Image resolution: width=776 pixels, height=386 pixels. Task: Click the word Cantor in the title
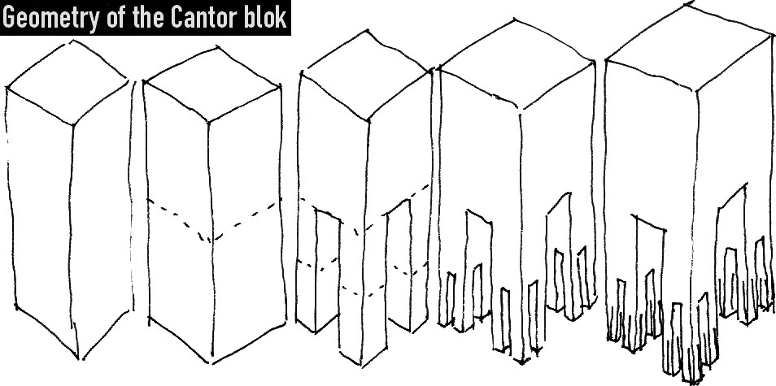207,17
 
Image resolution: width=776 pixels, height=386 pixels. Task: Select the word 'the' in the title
150,17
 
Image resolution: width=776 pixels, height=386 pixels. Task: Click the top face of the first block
68,82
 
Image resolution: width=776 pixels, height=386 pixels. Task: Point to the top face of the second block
211,84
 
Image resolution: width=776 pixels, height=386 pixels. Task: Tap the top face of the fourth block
517,63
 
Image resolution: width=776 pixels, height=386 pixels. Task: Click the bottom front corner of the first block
79,358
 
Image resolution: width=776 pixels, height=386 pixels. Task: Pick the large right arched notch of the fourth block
560,252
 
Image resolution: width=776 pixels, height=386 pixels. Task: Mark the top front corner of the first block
73,124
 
